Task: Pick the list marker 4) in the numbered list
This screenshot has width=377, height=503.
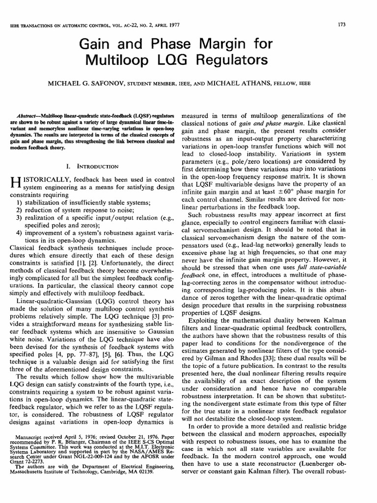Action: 18,233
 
